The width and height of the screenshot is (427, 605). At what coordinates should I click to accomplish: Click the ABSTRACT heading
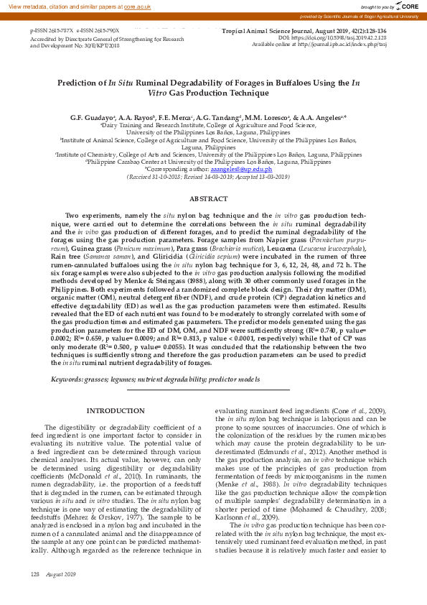click(x=208, y=198)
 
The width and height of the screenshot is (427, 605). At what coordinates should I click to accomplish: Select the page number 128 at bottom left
click(x=34, y=594)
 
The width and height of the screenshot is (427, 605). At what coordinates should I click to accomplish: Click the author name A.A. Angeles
click(x=322, y=116)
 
